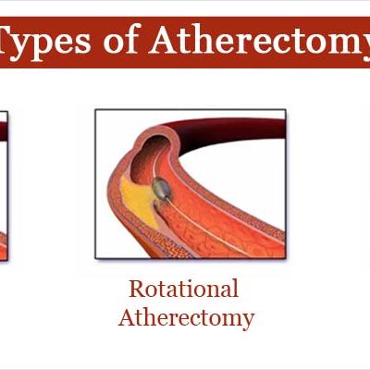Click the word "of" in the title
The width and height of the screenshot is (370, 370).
[120, 42]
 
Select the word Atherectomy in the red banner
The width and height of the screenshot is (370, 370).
[260, 43]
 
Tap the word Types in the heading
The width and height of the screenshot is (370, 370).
[45, 43]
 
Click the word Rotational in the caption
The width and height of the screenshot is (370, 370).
[184, 289]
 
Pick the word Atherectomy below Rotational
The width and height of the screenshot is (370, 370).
[186, 319]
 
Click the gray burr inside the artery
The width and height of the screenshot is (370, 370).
[161, 188]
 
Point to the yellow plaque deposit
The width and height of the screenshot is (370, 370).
[138, 201]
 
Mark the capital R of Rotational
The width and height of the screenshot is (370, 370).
[136, 289]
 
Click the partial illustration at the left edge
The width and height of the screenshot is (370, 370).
[4, 186]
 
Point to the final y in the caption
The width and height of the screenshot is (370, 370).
[249, 322]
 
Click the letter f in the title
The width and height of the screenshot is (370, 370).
[130, 39]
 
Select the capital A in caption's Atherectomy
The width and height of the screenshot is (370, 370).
[127, 317]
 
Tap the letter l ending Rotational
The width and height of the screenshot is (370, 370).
[236, 288]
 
